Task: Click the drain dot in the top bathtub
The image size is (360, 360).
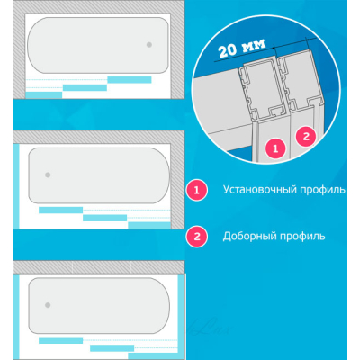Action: (149, 45)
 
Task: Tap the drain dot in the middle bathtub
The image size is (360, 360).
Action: (48, 175)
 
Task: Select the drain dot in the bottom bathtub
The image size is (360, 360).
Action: (48, 305)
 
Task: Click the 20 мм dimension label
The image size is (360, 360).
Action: (242, 48)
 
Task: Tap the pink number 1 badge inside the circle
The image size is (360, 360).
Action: (275, 148)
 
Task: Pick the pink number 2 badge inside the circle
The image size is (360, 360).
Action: (306, 137)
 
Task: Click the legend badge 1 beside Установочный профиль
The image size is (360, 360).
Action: (197, 190)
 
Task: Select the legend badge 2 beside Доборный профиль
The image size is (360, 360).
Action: (197, 237)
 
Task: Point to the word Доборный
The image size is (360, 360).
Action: (250, 237)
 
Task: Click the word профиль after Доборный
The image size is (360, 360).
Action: (302, 237)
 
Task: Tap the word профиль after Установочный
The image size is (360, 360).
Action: (323, 190)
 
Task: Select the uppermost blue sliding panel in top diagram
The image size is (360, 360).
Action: (130, 80)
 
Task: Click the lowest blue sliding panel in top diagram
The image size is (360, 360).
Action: (44, 95)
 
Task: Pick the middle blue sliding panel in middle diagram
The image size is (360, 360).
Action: (104, 218)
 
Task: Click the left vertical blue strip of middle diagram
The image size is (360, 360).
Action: (17, 186)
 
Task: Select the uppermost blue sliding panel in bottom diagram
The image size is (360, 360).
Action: (60, 340)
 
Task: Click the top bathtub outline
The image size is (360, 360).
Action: (98, 18)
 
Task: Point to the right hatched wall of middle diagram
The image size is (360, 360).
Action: (177, 186)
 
